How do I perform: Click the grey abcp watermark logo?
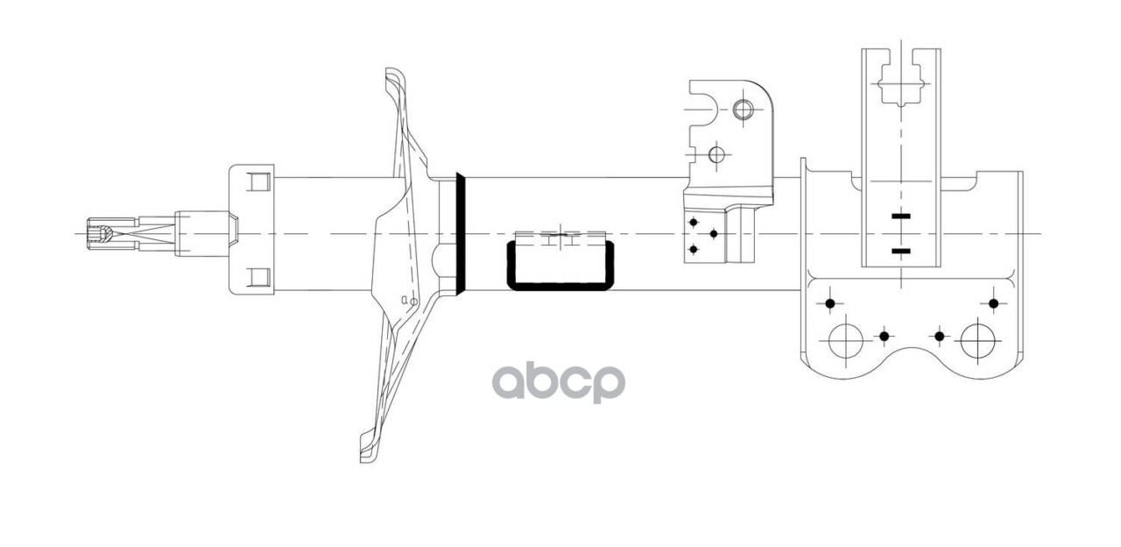click(x=558, y=382)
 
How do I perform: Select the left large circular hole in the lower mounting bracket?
click(x=846, y=340)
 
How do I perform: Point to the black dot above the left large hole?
click(x=830, y=304)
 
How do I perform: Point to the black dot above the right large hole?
click(x=993, y=303)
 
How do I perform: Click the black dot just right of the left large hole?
click(x=884, y=336)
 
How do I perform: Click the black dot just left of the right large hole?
click(x=939, y=336)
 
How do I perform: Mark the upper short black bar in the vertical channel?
click(x=900, y=216)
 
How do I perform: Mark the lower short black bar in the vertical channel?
click(x=900, y=252)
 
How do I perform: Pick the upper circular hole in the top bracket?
click(x=743, y=110)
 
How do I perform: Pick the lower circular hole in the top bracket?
click(x=716, y=155)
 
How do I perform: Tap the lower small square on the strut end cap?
click(x=257, y=278)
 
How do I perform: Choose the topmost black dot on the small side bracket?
click(x=694, y=222)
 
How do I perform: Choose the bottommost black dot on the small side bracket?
click(x=694, y=249)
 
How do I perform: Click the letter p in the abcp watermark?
click(x=608, y=384)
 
